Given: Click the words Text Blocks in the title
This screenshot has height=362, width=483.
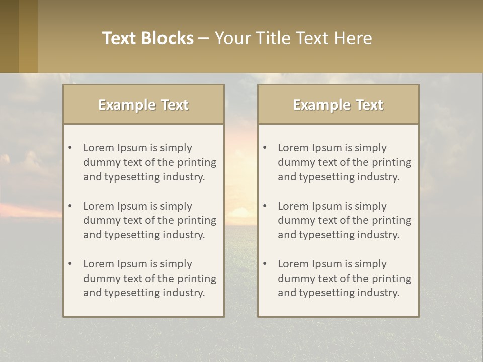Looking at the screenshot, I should pos(147,38).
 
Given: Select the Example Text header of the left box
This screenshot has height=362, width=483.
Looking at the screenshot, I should pos(143,105).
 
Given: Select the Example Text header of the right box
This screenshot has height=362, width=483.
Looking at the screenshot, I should pos(338,105).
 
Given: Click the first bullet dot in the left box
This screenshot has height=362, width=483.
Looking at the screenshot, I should pos(70,148).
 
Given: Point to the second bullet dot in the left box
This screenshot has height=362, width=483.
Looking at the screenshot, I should pos(70,206).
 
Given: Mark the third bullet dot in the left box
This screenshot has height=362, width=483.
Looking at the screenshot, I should pos(70,264).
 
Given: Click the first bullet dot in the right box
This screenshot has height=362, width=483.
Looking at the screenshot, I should pos(265,148).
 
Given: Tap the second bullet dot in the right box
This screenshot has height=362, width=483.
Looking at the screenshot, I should pos(265,206).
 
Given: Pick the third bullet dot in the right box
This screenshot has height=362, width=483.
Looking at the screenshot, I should pos(265,264).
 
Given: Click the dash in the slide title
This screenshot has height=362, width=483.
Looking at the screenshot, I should pos(204,38).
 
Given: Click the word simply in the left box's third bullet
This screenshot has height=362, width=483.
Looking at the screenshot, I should pos(176,264).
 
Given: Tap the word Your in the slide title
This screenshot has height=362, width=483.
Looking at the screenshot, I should pos(231,38).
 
